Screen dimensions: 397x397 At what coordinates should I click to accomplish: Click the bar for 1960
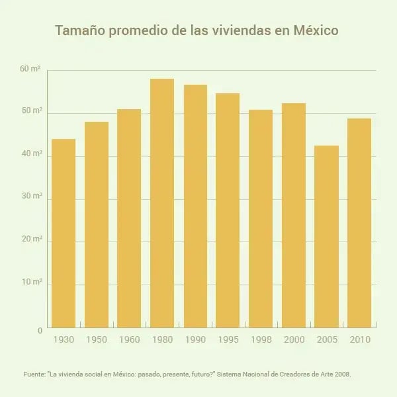tap(129, 218)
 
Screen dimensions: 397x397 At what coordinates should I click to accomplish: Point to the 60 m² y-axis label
tap(31, 69)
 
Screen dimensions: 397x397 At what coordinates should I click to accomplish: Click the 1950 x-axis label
tap(97, 339)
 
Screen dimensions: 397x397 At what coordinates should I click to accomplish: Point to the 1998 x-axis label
tap(261, 339)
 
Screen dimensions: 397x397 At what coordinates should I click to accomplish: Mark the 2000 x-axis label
tap(294, 339)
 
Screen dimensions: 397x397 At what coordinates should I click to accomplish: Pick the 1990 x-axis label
tap(195, 339)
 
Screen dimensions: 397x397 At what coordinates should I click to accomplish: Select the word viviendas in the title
tap(244, 31)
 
